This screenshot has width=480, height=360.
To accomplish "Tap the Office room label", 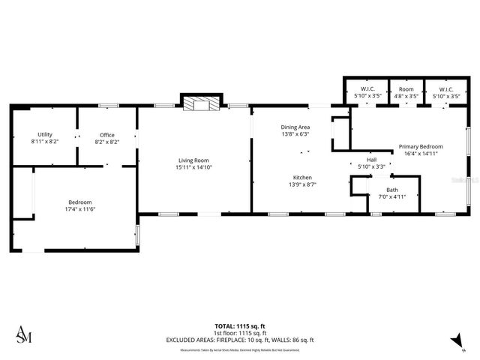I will click(107, 135).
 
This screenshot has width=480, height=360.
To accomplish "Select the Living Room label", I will click(193, 160).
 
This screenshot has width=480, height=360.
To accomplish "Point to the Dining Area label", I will click(295, 127).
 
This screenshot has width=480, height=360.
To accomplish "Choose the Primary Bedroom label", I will click(420, 146).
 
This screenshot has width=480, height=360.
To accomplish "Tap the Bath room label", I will click(392, 190).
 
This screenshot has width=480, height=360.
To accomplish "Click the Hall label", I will click(371, 160).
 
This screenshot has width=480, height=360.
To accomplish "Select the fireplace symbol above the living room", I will click(200, 103).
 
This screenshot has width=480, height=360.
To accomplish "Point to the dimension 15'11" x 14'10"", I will click(193, 167).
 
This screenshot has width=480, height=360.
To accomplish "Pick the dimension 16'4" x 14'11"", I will click(420, 153).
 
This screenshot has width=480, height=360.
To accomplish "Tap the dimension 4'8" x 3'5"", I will click(406, 96).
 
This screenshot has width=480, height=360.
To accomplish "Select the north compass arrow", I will click(454, 341).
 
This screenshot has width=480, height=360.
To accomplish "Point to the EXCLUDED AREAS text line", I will click(239, 340).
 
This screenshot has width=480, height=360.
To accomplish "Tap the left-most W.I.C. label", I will click(367, 89).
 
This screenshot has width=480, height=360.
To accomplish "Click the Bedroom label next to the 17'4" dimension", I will click(80, 202).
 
